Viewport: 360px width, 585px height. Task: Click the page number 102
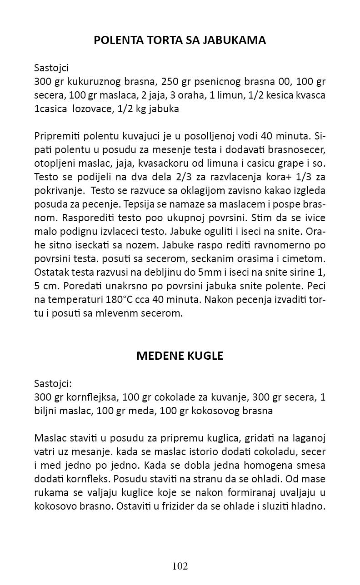click(180, 566)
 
